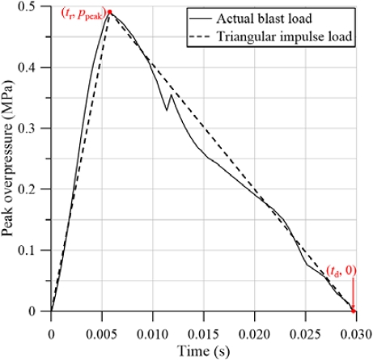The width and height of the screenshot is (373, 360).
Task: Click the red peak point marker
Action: (109, 13)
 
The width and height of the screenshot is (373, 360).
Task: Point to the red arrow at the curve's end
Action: (353, 293)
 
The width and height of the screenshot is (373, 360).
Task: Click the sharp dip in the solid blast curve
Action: (166, 110)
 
